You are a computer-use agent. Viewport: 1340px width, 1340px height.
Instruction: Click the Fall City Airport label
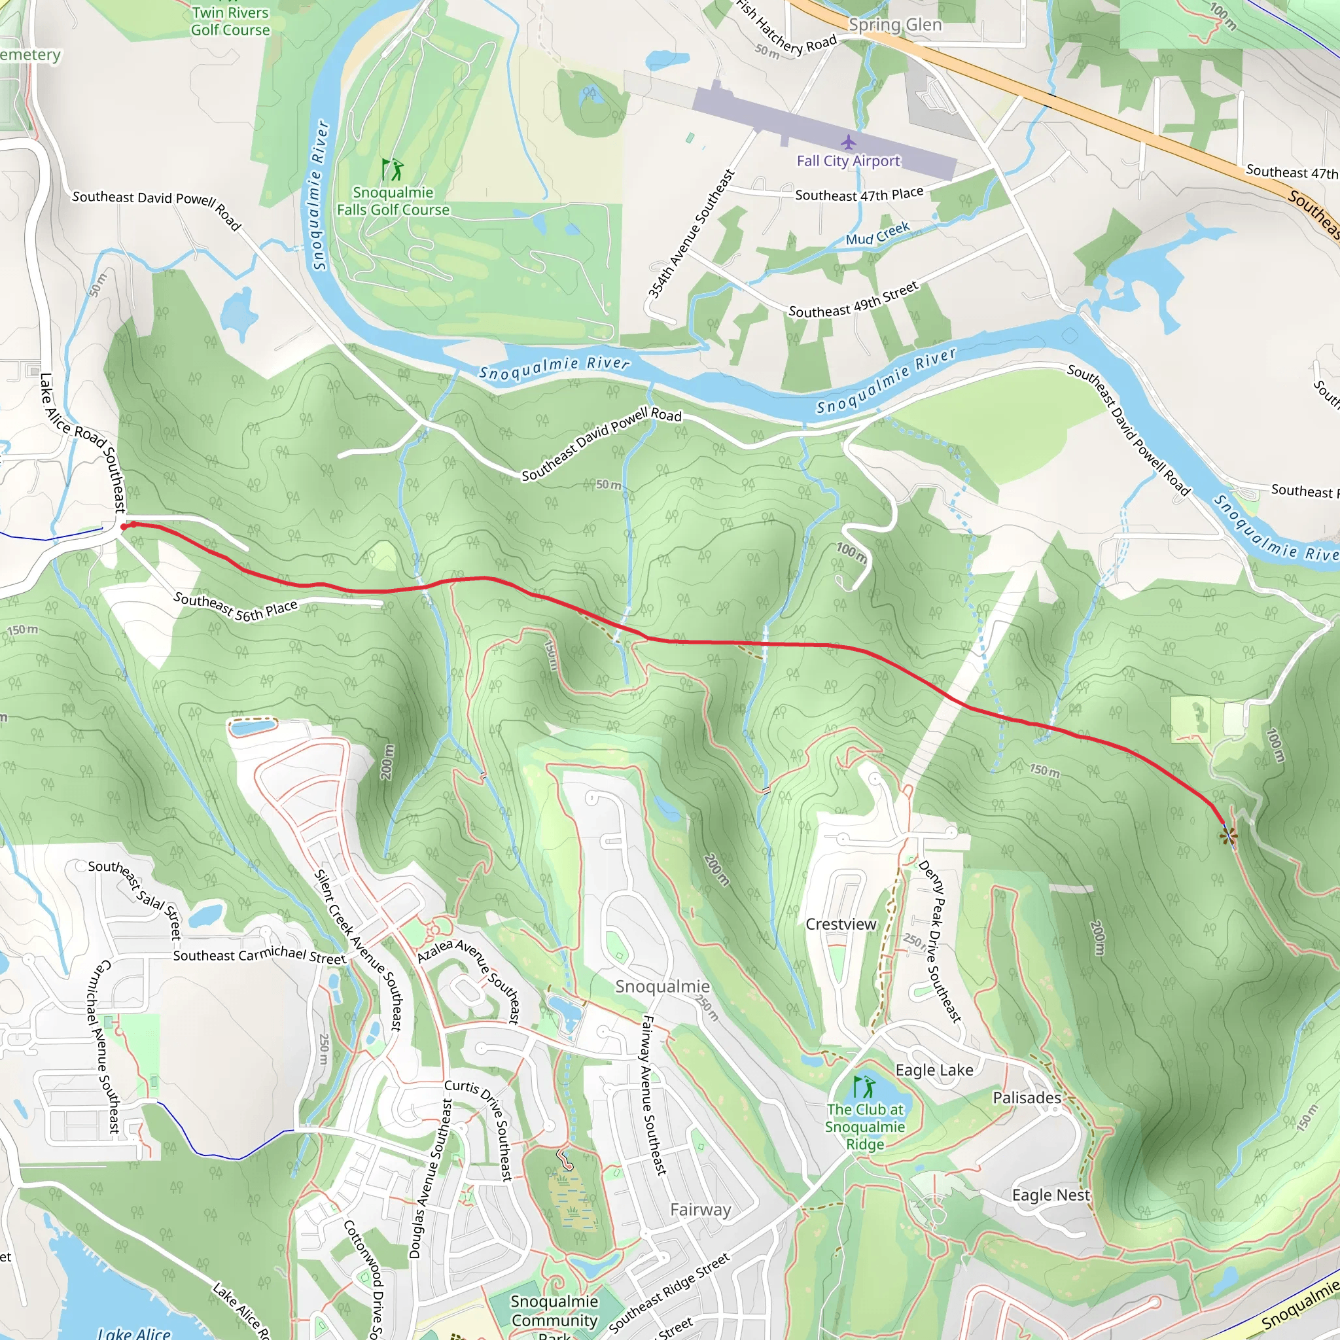pyautogui.click(x=848, y=161)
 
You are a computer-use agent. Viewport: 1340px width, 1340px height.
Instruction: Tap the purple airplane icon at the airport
pyautogui.click(x=848, y=143)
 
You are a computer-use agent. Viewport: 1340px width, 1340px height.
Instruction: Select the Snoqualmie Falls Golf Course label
pyautogui.click(x=393, y=201)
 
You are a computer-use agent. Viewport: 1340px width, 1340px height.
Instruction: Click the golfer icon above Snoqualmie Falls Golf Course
pyautogui.click(x=393, y=169)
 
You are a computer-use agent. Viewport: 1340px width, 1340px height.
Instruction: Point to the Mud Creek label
pyautogui.click(x=877, y=234)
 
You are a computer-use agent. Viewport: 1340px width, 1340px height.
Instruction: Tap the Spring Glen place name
pyautogui.click(x=896, y=25)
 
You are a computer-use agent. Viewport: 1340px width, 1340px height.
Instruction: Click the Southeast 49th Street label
pyautogui.click(x=854, y=300)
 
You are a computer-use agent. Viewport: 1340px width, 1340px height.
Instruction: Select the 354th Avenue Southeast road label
pyautogui.click(x=690, y=234)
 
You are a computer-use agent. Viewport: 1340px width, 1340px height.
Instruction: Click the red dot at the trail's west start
pyautogui.click(x=124, y=527)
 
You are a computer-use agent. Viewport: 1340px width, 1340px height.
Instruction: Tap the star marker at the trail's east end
pyautogui.click(x=1228, y=835)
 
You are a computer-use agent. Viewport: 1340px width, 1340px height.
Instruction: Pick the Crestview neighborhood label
pyautogui.click(x=841, y=925)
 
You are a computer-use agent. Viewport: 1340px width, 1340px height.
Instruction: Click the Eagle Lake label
pyautogui.click(x=934, y=1070)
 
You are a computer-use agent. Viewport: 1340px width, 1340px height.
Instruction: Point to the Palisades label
pyautogui.click(x=1027, y=1098)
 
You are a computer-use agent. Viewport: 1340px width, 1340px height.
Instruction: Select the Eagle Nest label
pyautogui.click(x=1051, y=1195)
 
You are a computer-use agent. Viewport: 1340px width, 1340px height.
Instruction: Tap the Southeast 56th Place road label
pyautogui.click(x=235, y=606)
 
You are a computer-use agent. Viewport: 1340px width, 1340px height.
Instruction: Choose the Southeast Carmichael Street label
pyautogui.click(x=259, y=957)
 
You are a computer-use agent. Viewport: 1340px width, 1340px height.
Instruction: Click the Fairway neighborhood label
pyautogui.click(x=701, y=1210)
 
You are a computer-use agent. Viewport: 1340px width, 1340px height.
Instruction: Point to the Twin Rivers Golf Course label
pyautogui.click(x=230, y=21)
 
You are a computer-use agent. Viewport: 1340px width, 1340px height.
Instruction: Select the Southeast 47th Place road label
pyautogui.click(x=859, y=194)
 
